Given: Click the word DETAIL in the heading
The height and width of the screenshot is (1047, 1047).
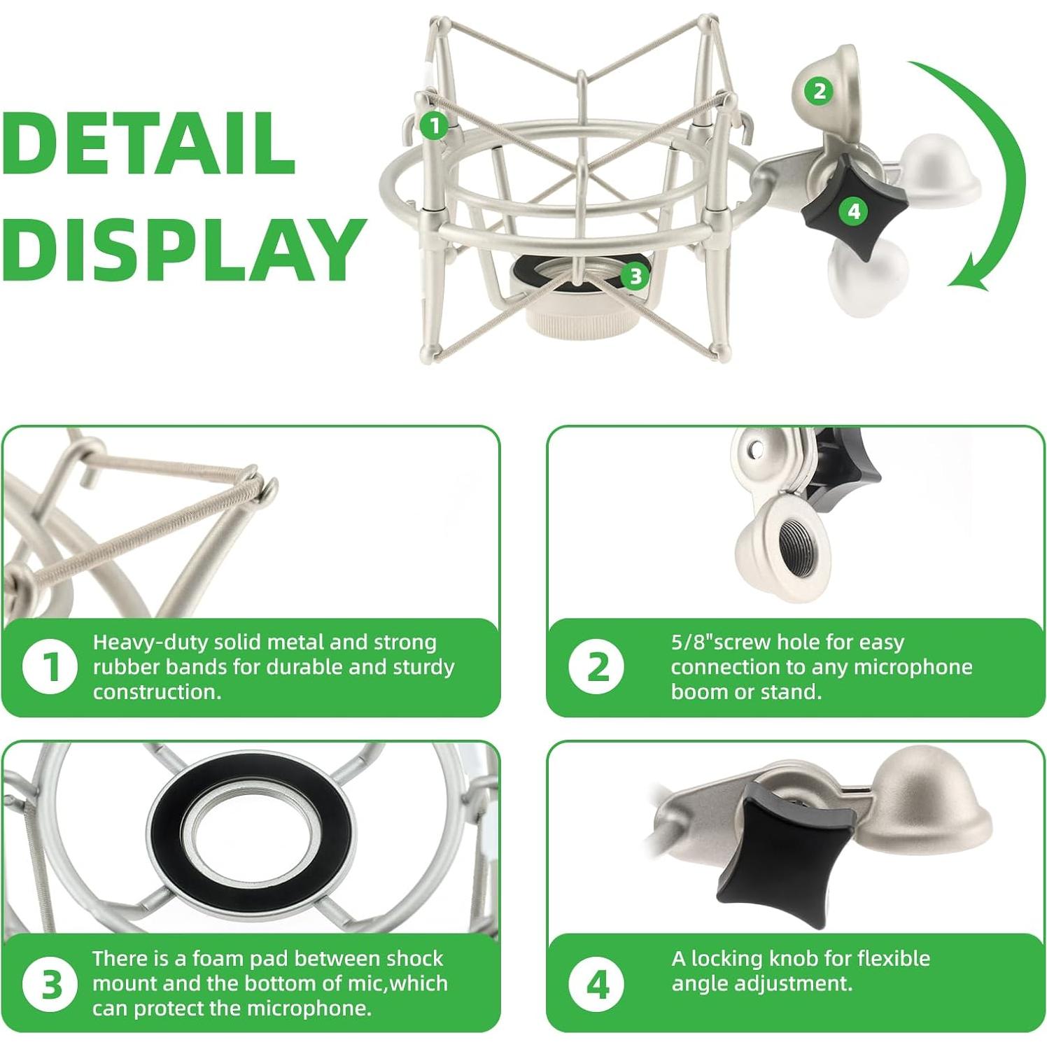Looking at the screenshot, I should point(148,143).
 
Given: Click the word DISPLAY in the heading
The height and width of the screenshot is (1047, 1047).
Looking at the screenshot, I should point(183,250).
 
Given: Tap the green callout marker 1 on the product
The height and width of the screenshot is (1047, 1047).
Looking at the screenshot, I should point(435,125).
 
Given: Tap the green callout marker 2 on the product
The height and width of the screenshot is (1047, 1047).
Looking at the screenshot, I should point(819,91).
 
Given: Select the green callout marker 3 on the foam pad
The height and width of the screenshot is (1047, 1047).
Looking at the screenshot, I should point(635,276).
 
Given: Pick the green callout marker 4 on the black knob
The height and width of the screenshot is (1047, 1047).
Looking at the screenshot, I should point(853,211).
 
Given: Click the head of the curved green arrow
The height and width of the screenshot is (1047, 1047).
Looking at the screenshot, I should point(970,277).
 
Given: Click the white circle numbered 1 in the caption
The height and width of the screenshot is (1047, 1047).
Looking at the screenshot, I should point(49,667).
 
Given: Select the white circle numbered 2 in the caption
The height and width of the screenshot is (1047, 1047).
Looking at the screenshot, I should point(596,667).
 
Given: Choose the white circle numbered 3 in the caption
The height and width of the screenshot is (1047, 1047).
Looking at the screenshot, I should point(49,983).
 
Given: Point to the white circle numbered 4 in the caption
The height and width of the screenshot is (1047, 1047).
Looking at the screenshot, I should point(596,983).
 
